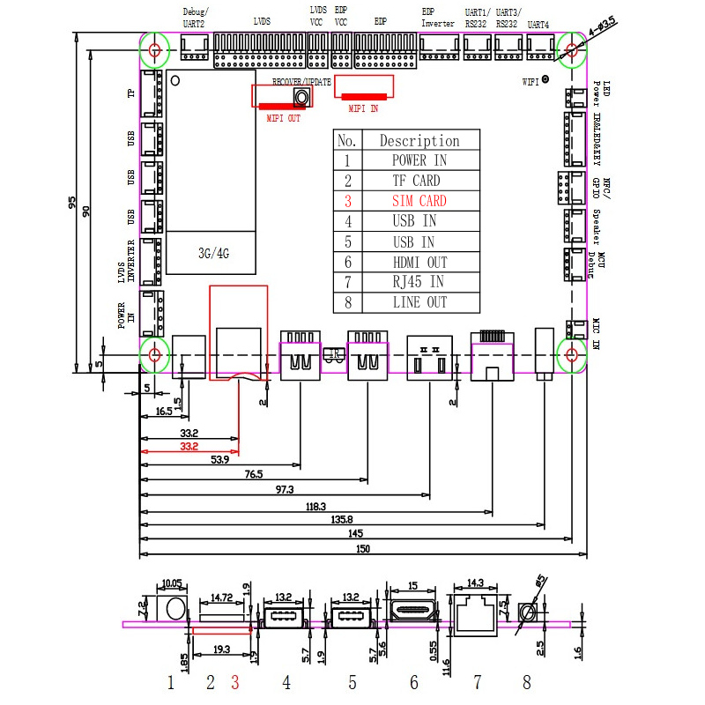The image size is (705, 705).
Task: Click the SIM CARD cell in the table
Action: tap(419, 201)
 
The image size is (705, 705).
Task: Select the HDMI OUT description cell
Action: tap(419, 262)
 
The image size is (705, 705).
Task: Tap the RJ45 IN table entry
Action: tap(419, 282)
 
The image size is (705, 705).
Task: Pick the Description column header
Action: tap(419, 140)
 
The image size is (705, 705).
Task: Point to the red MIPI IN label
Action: tap(363, 108)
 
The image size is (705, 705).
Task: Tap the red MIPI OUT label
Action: tap(283, 117)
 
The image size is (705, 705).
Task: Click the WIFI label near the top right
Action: tap(531, 81)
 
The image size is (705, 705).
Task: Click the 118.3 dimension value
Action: tap(315, 507)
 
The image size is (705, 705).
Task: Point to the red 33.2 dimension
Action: tap(189, 447)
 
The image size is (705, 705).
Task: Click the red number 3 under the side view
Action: tap(235, 681)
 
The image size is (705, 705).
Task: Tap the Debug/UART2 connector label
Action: tap(194, 19)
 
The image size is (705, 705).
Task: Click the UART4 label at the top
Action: tap(538, 26)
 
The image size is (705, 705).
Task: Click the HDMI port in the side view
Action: tap(412, 611)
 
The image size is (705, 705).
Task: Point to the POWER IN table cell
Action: tap(419, 160)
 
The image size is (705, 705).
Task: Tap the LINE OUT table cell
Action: tap(419, 302)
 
